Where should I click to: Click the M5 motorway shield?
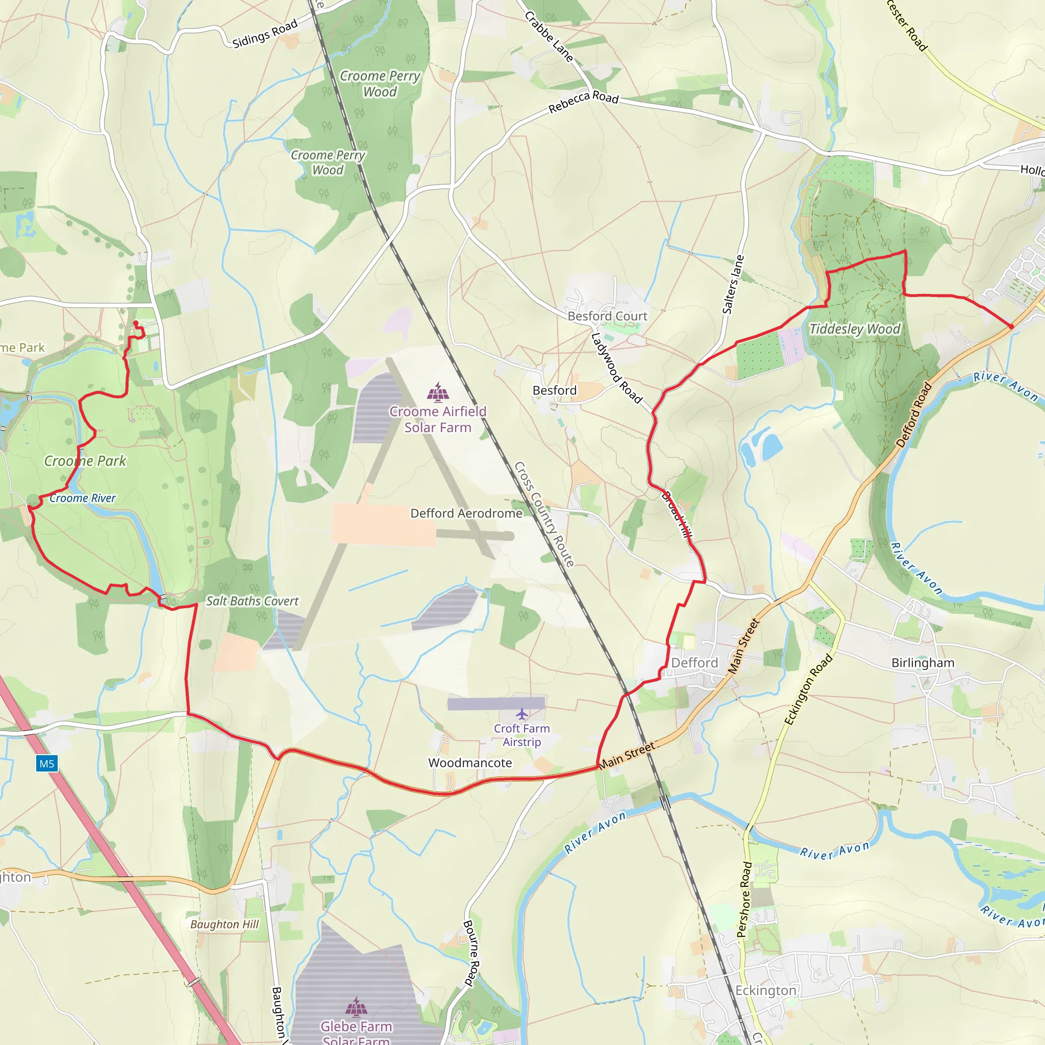[x=46, y=764]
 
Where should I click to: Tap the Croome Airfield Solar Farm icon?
[x=438, y=392]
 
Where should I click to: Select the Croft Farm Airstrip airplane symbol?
[x=521, y=714]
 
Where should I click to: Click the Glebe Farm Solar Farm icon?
[x=356, y=1007]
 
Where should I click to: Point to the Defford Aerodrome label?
[x=466, y=513]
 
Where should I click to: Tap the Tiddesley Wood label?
[x=855, y=329]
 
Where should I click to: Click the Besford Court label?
[x=607, y=316]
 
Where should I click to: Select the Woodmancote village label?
[x=469, y=763]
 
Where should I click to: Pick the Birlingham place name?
[x=923, y=663]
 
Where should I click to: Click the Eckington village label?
[x=765, y=990]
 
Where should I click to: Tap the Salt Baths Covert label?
[x=252, y=601]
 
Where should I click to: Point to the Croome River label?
[x=83, y=498]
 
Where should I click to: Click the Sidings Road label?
[x=265, y=33]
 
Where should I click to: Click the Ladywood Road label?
[x=616, y=368]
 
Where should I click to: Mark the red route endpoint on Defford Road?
[x=1011, y=327]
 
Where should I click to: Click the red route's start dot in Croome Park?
[x=136, y=323]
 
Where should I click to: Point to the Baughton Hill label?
[x=225, y=925]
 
